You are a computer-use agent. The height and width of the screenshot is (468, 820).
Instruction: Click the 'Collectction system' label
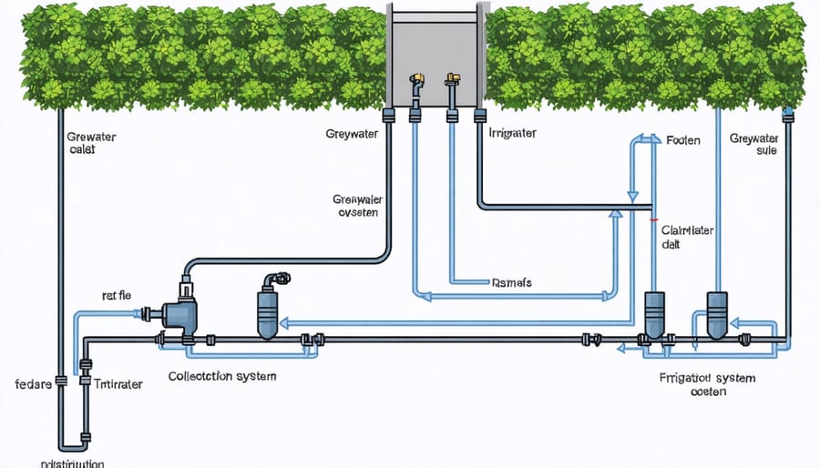222,375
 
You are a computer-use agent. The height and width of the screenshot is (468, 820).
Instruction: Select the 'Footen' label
682,141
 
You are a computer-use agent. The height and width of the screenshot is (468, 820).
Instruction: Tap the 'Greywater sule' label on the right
753,145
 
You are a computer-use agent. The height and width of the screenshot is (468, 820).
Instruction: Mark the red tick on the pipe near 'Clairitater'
652,219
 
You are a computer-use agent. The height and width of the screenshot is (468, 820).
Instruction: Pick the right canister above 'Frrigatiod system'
717,315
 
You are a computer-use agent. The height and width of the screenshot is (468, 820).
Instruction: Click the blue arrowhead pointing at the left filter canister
284,321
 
